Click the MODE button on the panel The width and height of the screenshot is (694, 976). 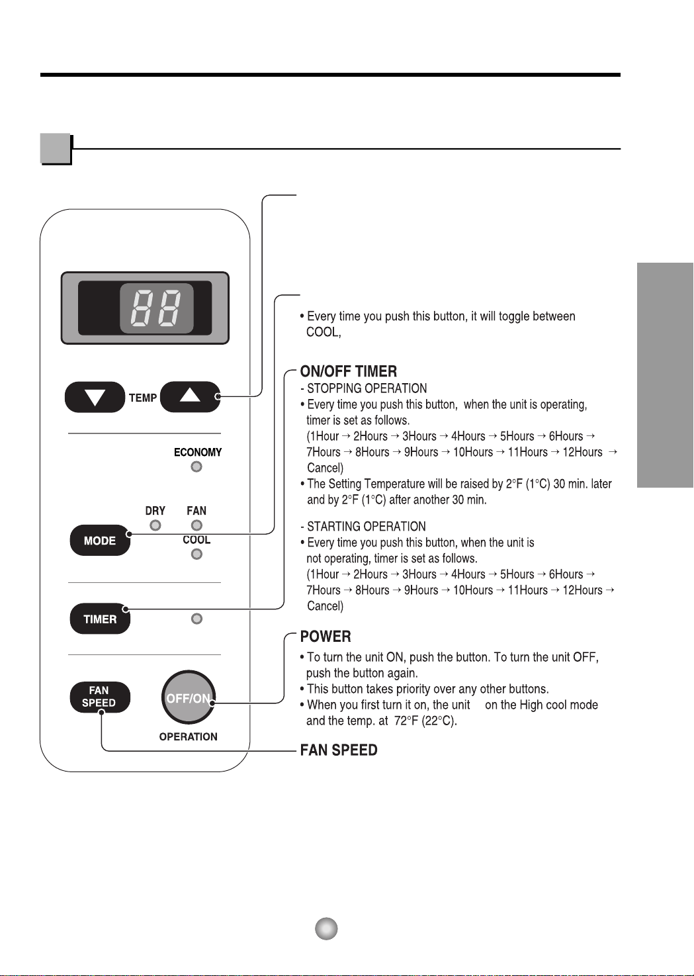click(x=100, y=541)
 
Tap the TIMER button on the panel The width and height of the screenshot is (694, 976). click(x=100, y=619)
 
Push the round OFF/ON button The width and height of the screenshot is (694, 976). click(x=188, y=697)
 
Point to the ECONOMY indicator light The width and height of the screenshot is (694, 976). click(x=196, y=466)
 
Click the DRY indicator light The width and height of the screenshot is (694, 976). click(x=155, y=525)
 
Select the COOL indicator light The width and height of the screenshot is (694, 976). click(x=196, y=555)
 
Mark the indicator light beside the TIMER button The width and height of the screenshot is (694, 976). click(x=196, y=619)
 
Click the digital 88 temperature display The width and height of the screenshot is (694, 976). click(x=156, y=308)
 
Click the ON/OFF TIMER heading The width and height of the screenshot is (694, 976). click(x=349, y=371)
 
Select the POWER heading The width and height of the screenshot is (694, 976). click(x=325, y=637)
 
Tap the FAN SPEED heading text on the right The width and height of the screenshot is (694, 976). click(x=339, y=750)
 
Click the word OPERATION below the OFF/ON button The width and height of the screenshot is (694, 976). click(x=188, y=736)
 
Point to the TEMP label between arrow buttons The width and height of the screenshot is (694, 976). click(x=143, y=398)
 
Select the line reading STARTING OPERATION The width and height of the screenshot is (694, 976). click(x=363, y=526)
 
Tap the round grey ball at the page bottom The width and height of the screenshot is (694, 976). click(x=326, y=928)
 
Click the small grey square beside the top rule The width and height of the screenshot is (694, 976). click(x=55, y=148)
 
